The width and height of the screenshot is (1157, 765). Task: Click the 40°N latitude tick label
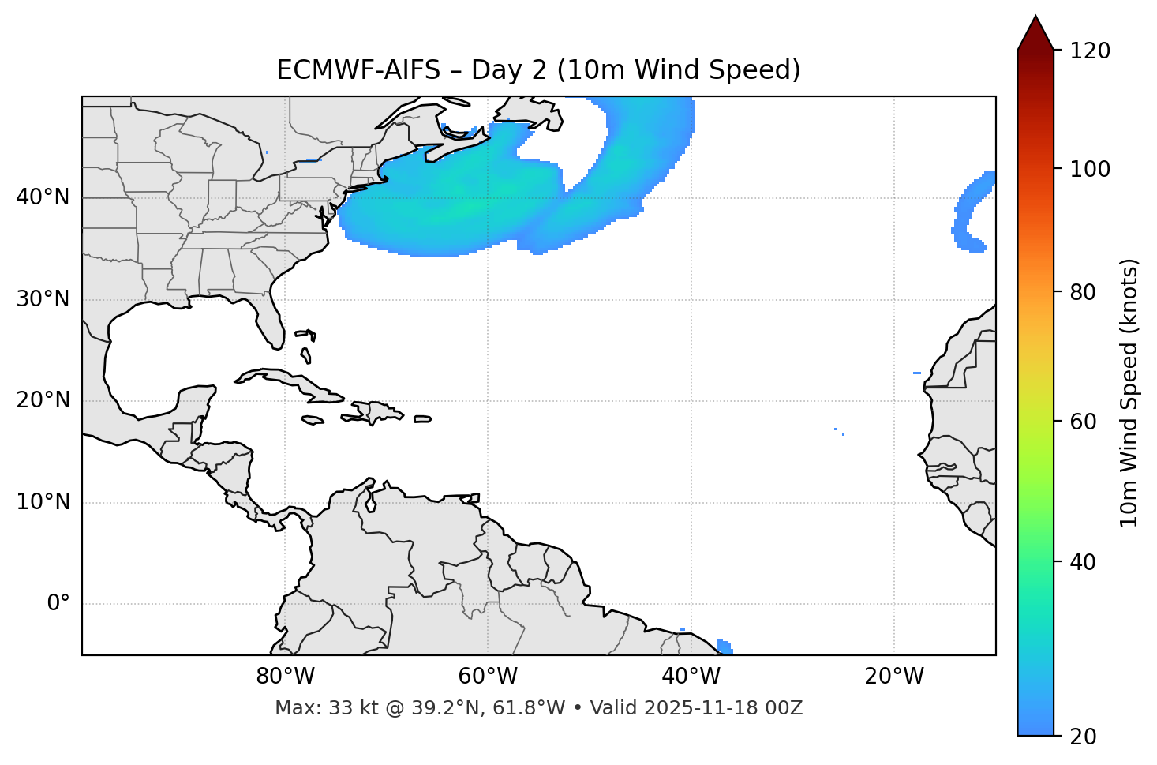coord(43,197)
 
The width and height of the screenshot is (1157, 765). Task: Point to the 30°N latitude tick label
coord(43,299)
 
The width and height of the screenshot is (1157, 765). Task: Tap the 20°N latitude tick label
coord(43,400)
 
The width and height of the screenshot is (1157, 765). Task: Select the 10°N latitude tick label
coord(43,502)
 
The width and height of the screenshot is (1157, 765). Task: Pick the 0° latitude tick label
coord(58,604)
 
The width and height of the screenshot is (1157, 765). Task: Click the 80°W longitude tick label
coord(285,677)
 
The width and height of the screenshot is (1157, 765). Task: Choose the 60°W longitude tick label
coord(488,677)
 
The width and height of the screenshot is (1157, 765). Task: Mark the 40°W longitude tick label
coord(691,677)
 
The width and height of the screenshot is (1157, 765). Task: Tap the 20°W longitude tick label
coord(894,677)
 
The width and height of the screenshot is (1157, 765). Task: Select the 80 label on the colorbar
coord(1088,292)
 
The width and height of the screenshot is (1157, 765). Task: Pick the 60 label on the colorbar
coord(1088,422)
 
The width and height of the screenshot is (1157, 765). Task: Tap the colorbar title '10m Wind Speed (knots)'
coord(1129,392)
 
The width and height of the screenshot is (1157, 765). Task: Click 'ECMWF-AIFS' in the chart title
coord(358,71)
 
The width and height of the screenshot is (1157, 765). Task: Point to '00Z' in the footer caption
coord(785,708)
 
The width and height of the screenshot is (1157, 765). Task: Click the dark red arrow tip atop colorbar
coord(1035,32)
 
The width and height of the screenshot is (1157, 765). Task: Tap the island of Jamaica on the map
coord(313,420)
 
